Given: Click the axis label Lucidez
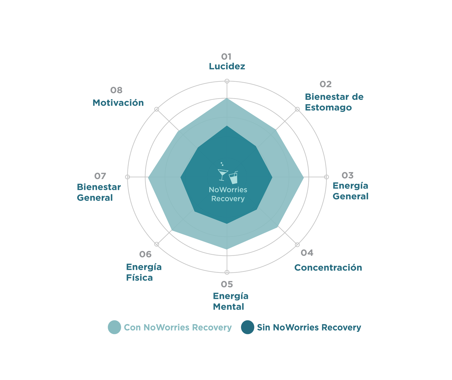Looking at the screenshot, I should [227, 66].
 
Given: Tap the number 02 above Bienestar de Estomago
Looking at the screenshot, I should [325, 84].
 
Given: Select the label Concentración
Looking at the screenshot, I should [328, 268].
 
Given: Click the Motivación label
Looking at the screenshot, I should [118, 103].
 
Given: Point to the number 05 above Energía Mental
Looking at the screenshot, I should [227, 284].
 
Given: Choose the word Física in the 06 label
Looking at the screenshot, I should [140, 278].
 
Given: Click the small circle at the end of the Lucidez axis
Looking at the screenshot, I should [227, 81].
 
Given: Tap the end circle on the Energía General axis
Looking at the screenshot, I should [326, 177].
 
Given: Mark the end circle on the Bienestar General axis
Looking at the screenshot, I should [127, 177].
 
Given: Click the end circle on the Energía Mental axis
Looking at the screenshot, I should [227, 272].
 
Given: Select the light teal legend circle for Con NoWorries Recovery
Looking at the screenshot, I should [115, 327].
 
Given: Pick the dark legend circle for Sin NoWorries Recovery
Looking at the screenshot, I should [248, 327].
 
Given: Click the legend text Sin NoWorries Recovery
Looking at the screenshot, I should [309, 327].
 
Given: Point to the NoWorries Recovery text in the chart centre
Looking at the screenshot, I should [228, 194].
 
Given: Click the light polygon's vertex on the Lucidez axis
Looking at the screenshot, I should [227, 98].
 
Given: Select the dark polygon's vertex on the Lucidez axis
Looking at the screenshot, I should [227, 126].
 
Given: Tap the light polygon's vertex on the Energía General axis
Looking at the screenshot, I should [303, 177].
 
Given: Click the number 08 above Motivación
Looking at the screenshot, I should [116, 90].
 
